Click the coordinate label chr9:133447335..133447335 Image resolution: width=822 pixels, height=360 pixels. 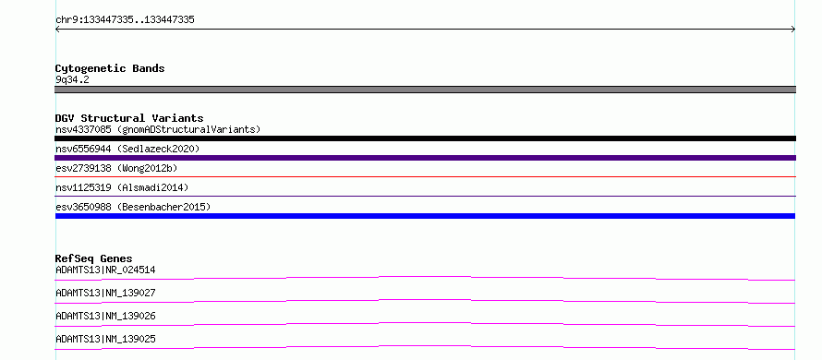pos(125,20)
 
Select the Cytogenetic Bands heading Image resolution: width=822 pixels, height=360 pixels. pos(110,68)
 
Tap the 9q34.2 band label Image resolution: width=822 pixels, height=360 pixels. pos(72,80)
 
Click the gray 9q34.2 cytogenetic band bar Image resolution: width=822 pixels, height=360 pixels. pos(425,90)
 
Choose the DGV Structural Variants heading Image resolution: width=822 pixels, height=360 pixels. pos(129,118)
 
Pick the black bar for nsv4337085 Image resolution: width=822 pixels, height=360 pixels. pos(425,138)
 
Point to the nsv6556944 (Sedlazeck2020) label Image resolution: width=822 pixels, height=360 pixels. pos(127,149)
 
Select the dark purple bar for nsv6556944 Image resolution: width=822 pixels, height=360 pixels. pos(425,158)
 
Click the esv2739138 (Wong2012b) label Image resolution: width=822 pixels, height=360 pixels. pos(116,168)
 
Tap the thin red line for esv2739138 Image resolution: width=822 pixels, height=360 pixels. pos(425,176)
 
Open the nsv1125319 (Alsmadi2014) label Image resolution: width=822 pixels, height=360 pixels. pos(122,187)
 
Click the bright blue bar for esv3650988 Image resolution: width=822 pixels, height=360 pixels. pos(425,216)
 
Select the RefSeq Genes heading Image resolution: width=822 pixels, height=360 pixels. pos(94,258)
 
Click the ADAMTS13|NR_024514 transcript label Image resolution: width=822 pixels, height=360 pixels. pos(105,270)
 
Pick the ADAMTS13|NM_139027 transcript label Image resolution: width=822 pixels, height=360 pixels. pos(105,293)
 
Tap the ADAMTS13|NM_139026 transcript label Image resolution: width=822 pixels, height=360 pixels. pos(105,316)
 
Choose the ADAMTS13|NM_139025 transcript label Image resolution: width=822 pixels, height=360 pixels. pos(105,339)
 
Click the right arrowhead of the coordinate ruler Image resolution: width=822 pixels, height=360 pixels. pos(794,30)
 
